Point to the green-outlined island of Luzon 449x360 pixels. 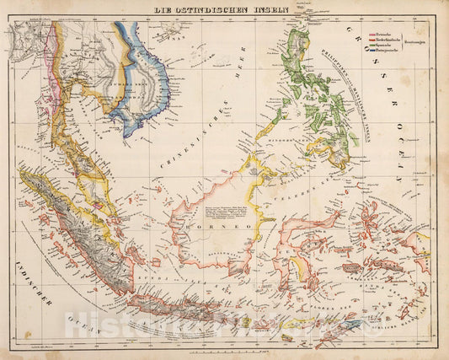pos(297,59)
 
